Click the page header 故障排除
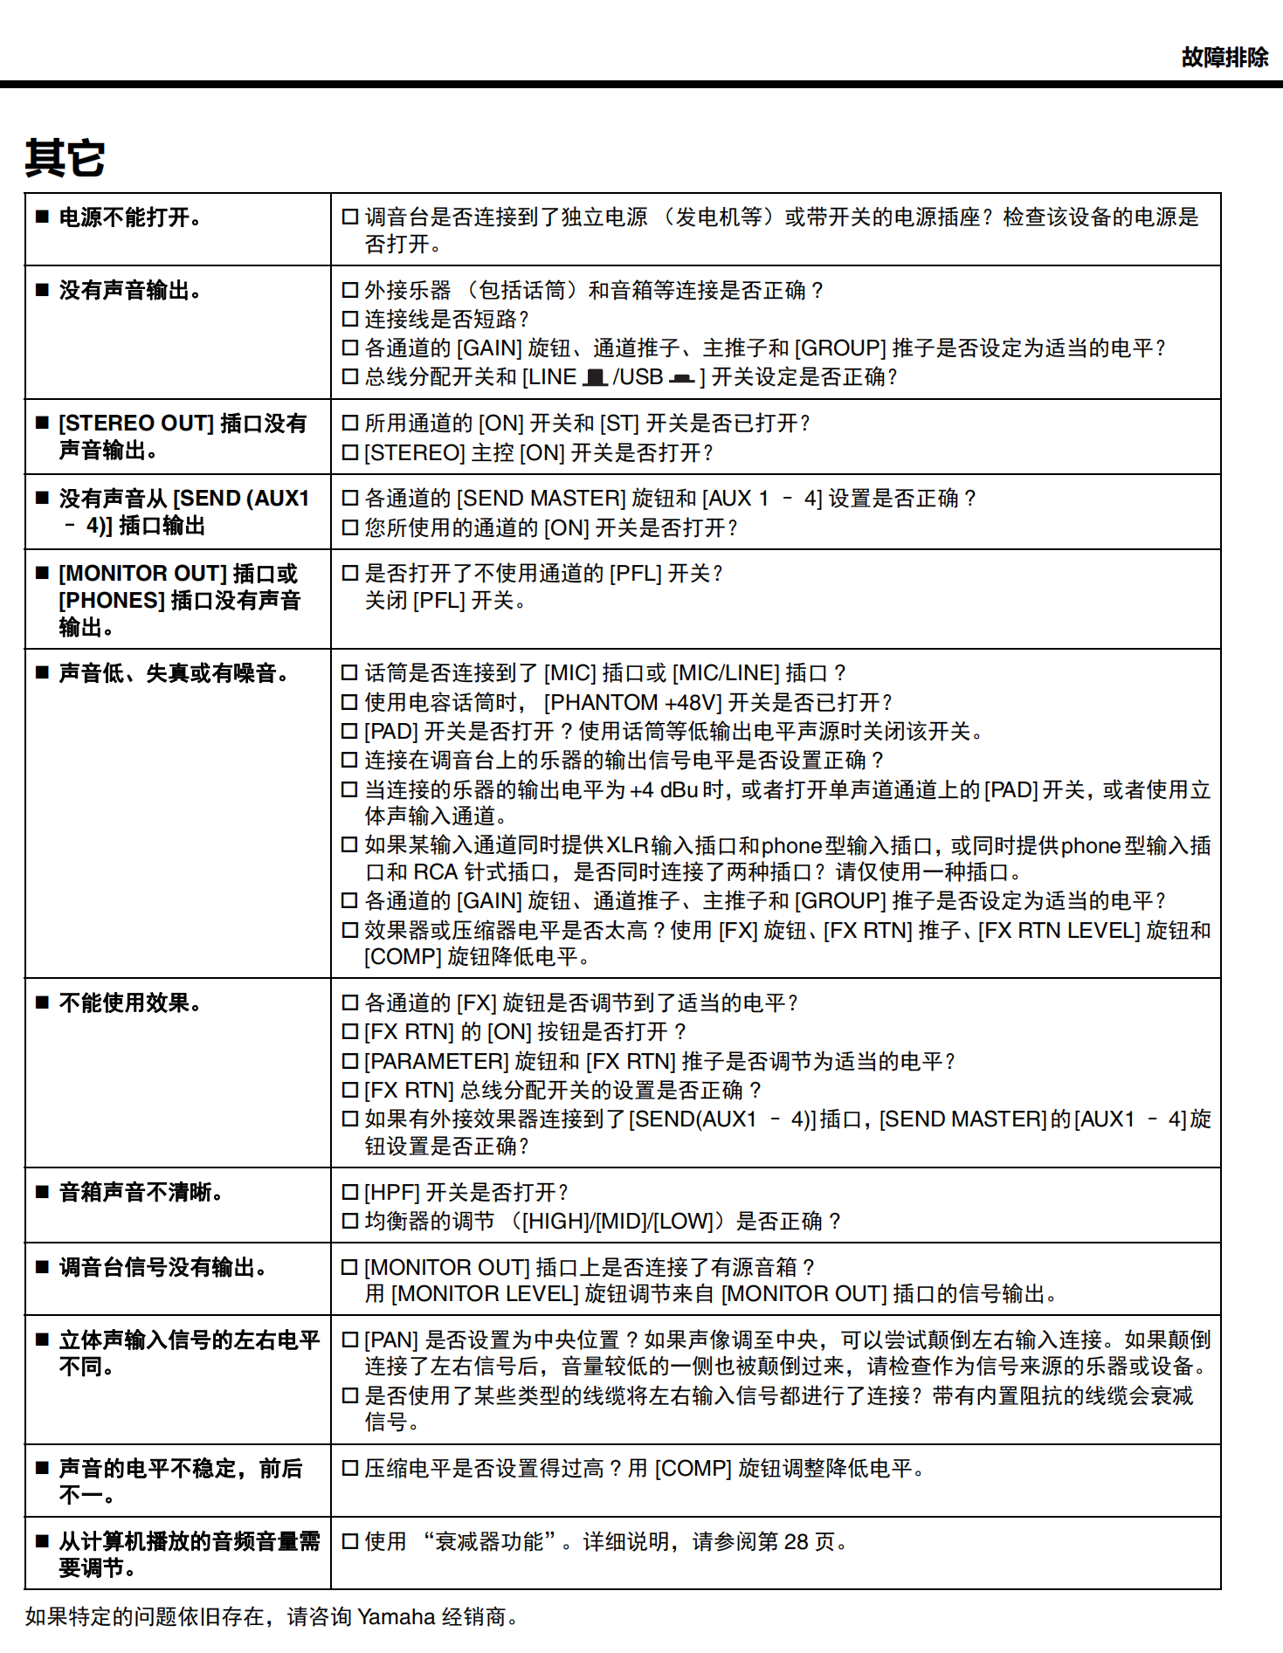click(1224, 58)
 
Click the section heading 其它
click(66, 158)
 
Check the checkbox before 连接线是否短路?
click(350, 319)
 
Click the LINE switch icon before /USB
click(596, 377)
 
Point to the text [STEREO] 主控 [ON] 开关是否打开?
click(538, 453)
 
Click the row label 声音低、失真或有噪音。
click(173, 673)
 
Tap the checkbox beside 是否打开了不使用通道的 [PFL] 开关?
click(350, 574)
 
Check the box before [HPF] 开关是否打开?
click(350, 1193)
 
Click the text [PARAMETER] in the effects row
click(436, 1062)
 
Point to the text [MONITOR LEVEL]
click(484, 1294)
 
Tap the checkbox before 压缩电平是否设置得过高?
click(350, 1469)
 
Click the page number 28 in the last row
click(796, 1542)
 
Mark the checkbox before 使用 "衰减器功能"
click(350, 1542)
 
